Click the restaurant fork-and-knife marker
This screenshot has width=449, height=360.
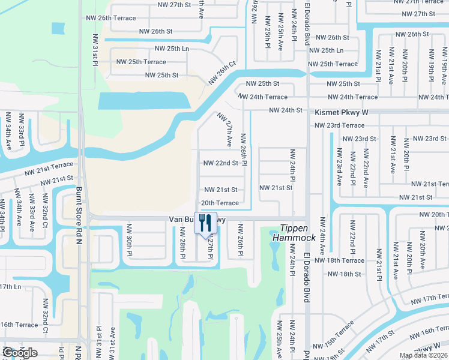[x=205, y=223]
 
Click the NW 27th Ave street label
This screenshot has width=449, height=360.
[x=226, y=130]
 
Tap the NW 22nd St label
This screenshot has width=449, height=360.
[x=221, y=163]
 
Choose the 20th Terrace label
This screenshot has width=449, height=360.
[x=220, y=203]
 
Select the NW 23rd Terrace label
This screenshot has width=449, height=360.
[x=339, y=125]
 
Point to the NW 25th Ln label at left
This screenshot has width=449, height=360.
[x=172, y=49]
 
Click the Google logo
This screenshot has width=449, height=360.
[x=20, y=353]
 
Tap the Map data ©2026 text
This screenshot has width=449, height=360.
[x=423, y=355]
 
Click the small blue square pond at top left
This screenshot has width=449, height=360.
[x=58, y=28]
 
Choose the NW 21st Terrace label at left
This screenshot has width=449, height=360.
[x=49, y=164]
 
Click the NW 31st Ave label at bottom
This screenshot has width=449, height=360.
[x=112, y=346]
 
